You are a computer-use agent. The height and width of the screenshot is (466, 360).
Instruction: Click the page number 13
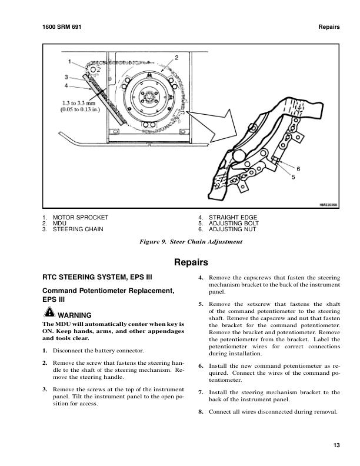point(336,445)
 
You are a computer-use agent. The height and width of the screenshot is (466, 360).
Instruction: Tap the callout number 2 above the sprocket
point(176,57)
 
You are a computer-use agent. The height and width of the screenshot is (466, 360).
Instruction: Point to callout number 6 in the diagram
point(298,169)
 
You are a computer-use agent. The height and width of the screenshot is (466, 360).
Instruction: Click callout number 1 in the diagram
point(69,62)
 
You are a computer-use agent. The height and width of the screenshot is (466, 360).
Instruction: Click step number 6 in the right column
point(201,365)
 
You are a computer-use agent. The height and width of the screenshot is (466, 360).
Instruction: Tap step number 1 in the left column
point(45,351)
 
